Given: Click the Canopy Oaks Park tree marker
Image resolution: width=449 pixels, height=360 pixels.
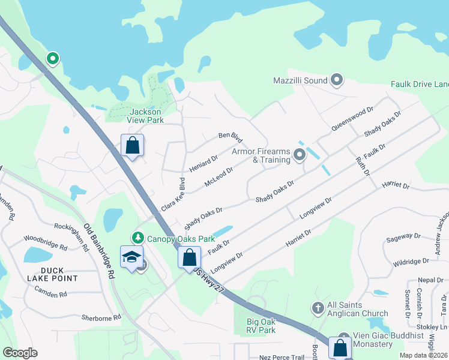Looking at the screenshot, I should pyautogui.click(x=138, y=238).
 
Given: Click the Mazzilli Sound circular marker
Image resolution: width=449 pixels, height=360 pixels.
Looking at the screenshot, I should pyautogui.click(x=336, y=80).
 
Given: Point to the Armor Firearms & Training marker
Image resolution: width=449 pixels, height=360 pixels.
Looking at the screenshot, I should pyautogui.click(x=299, y=156).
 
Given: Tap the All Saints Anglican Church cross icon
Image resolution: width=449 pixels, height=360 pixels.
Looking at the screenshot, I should pyautogui.click(x=318, y=308).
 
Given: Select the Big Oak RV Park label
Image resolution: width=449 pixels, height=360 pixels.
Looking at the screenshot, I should pyautogui.click(x=261, y=326).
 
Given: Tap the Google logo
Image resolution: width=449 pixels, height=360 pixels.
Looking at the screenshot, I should pyautogui.click(x=20, y=353).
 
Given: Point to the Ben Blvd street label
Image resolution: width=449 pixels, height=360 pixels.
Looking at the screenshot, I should pyautogui.click(x=230, y=137).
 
